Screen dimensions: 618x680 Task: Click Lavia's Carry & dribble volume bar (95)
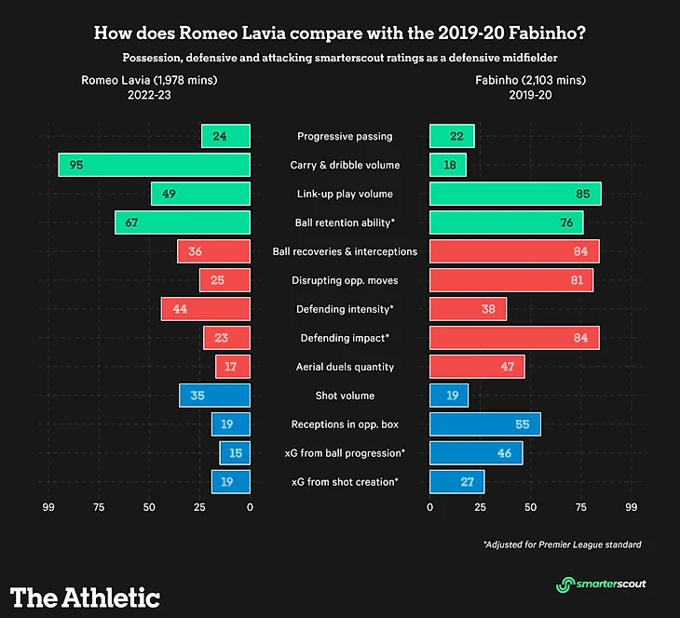[x=154, y=165]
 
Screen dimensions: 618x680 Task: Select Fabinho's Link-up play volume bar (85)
[x=515, y=194]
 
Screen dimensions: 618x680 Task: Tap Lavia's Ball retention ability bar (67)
[x=183, y=222]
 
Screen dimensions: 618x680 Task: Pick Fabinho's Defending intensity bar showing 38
[x=468, y=309]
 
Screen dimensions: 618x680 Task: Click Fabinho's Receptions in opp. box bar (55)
[x=484, y=424]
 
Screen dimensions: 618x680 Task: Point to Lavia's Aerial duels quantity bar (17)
[x=233, y=367]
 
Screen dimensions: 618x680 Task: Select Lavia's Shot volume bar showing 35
[x=215, y=396]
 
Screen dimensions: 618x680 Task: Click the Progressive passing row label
[x=345, y=137]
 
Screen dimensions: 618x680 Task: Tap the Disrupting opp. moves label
[x=345, y=280]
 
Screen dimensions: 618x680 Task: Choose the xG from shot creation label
[x=345, y=482]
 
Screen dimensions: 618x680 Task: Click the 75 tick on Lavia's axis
[x=97, y=508]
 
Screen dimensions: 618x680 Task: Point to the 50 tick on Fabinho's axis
[x=531, y=508]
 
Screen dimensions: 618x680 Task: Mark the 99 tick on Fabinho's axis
[x=632, y=508]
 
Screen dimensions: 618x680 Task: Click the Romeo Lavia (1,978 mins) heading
[x=149, y=80]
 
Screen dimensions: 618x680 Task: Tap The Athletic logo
[x=85, y=597]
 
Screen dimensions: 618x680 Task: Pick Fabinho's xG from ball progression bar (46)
[x=476, y=453]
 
